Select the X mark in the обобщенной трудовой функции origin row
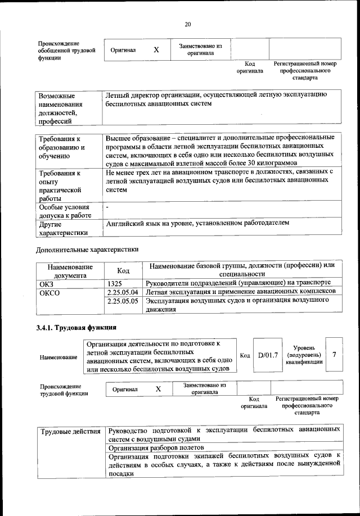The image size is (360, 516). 156,49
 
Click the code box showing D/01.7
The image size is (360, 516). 268,355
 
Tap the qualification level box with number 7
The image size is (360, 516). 334,355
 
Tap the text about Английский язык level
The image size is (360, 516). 197,223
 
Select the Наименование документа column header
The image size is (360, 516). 70,271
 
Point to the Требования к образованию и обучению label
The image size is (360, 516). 61,147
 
